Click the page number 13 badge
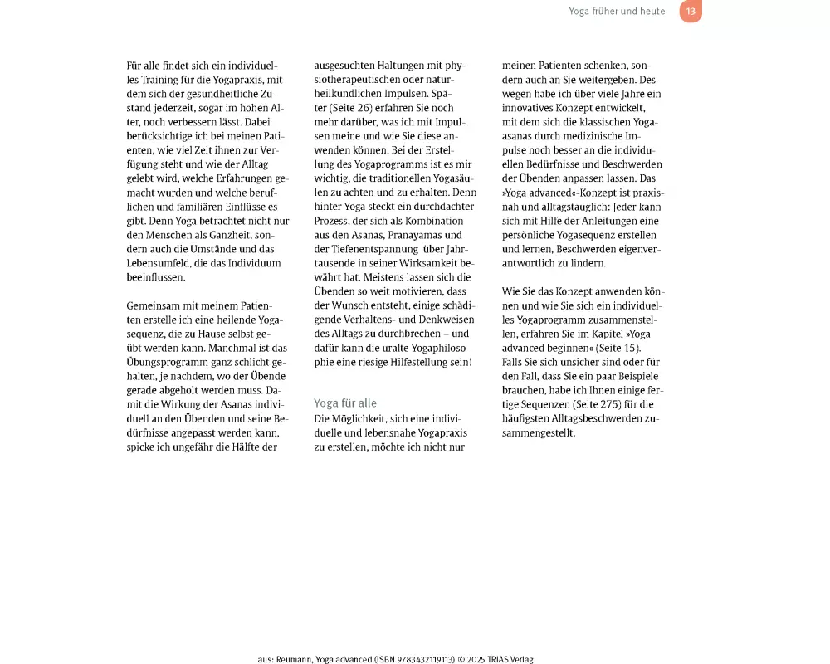click(690, 12)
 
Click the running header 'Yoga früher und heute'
click(617, 12)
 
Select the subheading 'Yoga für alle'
click(345, 403)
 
